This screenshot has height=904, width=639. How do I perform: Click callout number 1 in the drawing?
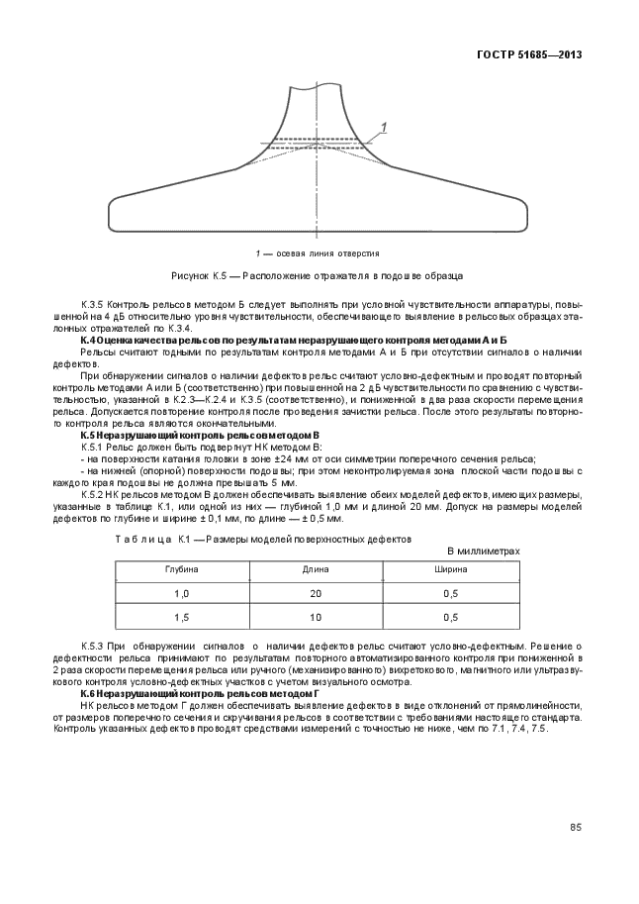coord(383,126)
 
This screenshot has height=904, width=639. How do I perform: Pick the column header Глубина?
coord(181,571)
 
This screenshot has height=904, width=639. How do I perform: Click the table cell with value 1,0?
coord(181,594)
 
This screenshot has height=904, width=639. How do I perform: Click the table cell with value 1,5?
coord(181,617)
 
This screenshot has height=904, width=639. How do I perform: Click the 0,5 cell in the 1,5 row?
coord(451,617)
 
